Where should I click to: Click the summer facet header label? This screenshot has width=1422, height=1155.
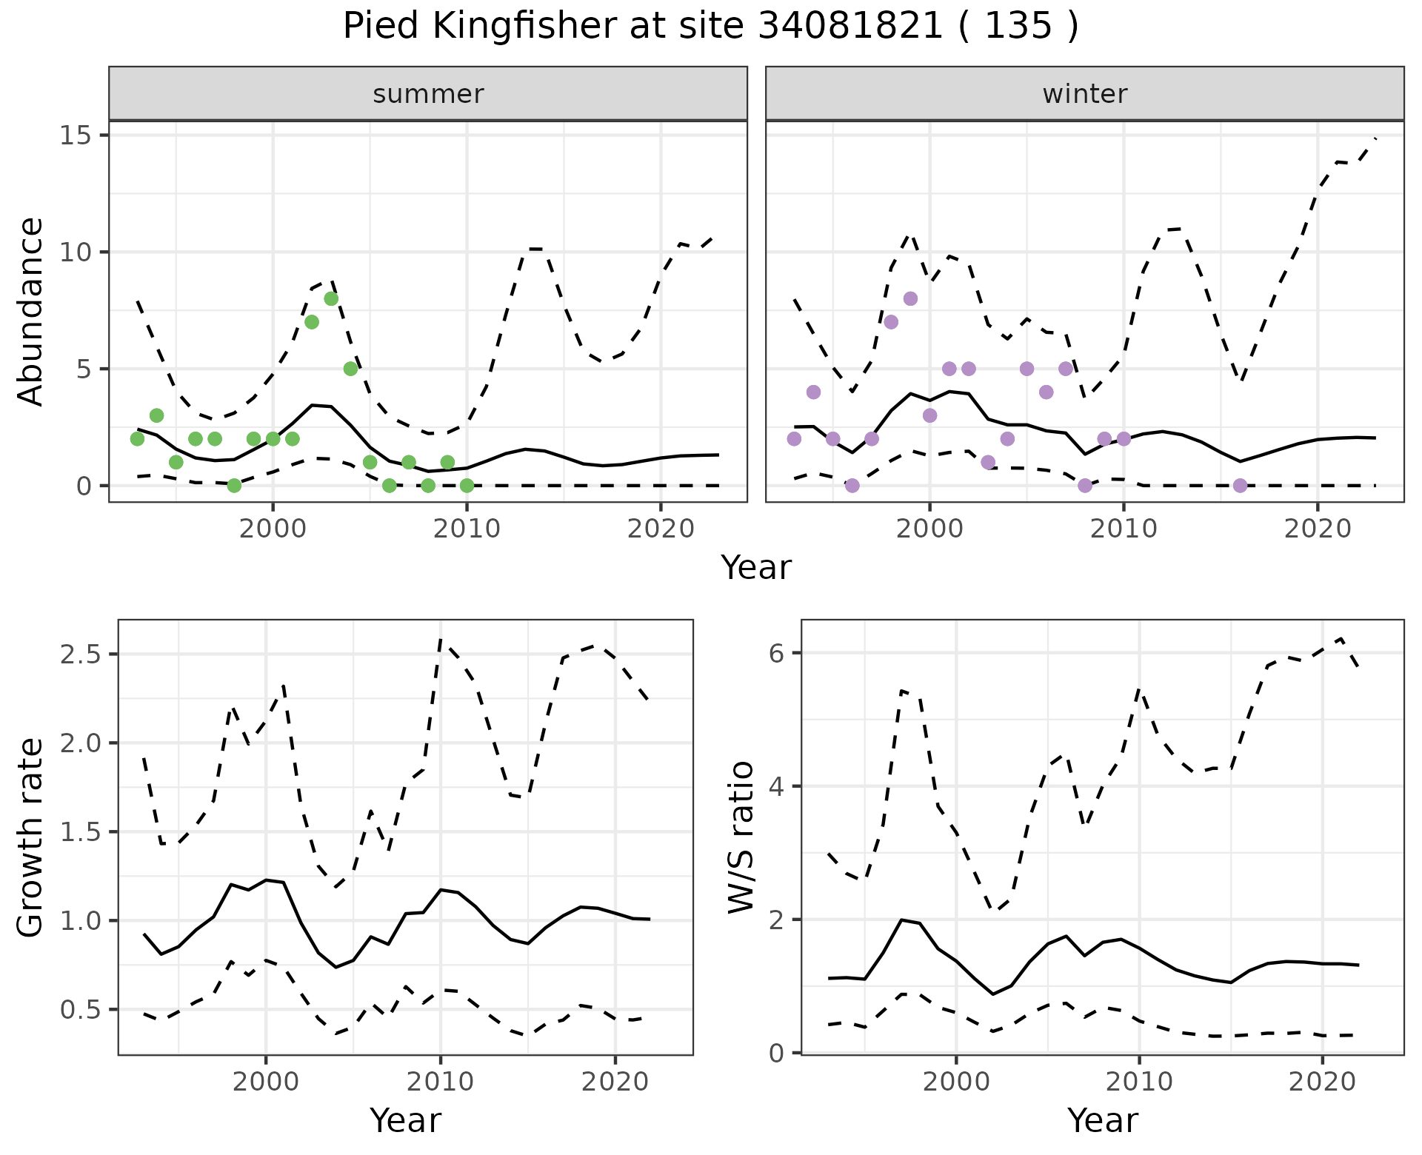[428, 94]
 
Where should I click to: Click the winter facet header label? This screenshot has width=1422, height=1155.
[1084, 94]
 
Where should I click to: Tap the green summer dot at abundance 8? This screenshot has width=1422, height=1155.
[331, 298]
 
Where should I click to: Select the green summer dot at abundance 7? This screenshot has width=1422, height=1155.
[312, 322]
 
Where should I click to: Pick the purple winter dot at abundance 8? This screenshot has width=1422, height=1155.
[910, 298]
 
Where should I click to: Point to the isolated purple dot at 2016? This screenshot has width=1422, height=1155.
[1241, 486]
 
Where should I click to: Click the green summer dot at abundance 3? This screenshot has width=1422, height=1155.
[156, 415]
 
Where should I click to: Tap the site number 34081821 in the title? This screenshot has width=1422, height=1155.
[850, 27]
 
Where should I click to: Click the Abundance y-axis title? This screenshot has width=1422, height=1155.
[31, 311]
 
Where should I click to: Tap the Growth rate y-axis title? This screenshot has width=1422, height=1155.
[31, 837]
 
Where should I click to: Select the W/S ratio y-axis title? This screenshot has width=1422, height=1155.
[741, 837]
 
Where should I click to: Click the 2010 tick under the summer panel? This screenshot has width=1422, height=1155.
[467, 529]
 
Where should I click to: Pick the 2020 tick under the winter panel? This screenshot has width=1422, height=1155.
[1318, 529]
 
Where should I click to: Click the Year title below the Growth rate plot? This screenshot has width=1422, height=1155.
[405, 1120]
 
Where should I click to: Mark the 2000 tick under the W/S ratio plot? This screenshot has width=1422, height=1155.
[956, 1082]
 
